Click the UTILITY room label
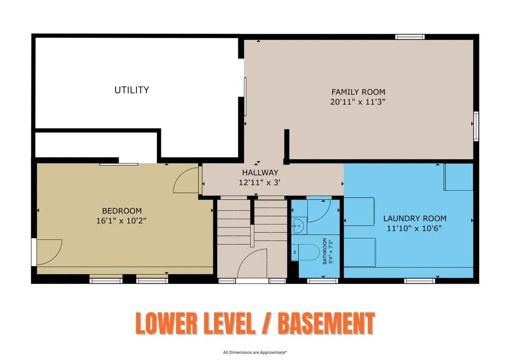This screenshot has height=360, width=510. (131, 90)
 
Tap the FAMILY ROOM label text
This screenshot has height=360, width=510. (358, 92)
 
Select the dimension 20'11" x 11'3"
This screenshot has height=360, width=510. (358, 102)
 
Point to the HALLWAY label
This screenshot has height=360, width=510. (260, 172)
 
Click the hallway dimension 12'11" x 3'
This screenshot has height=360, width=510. (259, 182)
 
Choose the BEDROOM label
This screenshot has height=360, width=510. (122, 211)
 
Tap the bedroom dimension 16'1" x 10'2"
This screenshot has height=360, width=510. (121, 221)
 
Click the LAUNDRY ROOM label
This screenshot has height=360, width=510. (415, 219)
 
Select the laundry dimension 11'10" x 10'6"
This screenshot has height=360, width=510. (414, 228)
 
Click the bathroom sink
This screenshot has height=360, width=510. (299, 226)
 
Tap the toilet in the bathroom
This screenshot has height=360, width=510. (306, 252)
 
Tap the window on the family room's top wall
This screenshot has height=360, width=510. (410, 37)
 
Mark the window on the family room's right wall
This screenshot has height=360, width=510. (476, 126)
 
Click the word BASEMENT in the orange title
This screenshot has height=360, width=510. (326, 323)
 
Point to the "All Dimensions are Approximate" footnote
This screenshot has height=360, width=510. (255, 352)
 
